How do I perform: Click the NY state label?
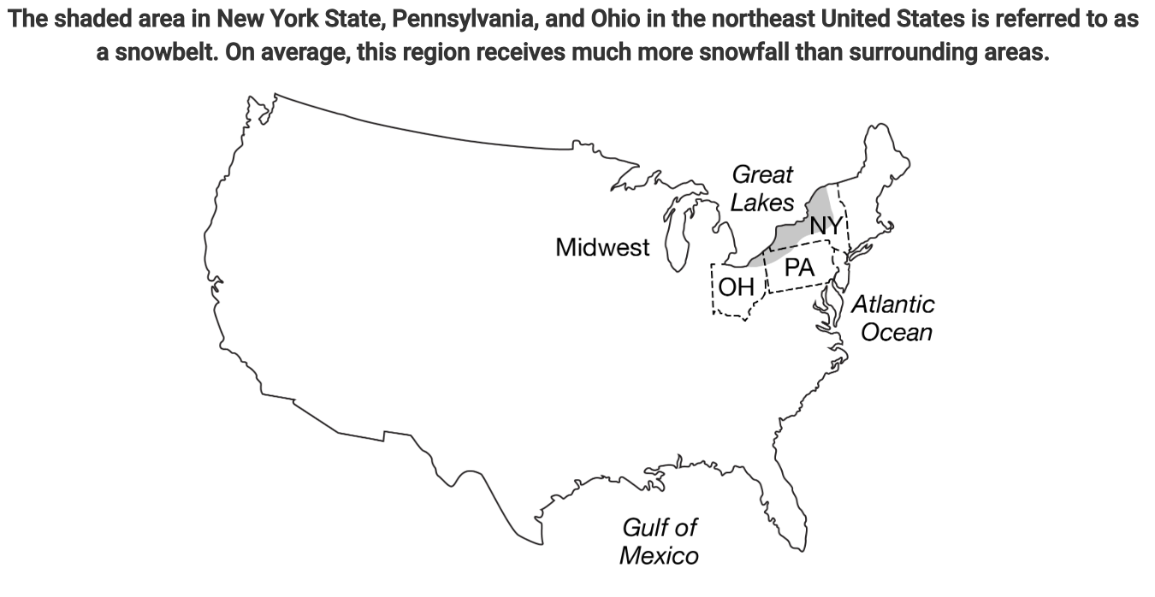[826, 226]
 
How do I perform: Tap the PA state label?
[799, 268]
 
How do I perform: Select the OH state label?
[736, 287]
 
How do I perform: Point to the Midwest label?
[602, 248]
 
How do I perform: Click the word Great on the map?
[762, 175]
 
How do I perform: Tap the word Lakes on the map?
[762, 204]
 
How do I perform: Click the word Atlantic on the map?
[892, 304]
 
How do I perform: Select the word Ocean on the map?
[896, 332]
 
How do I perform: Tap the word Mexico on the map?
[658, 556]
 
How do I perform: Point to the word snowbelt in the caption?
[158, 53]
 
